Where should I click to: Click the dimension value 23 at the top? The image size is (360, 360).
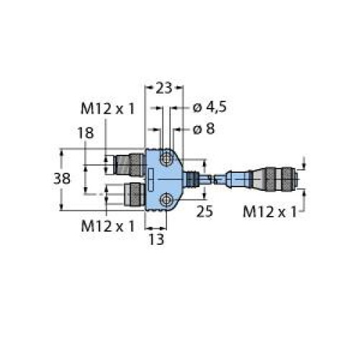coord(164,88)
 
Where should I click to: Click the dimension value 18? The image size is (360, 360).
coord(84,132)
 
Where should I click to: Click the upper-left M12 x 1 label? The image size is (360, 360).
coord(107,109)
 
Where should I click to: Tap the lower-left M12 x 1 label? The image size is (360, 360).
coord(107,225)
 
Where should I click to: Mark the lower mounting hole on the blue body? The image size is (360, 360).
coord(166,201)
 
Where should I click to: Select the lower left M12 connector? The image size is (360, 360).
coord(132,192)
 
